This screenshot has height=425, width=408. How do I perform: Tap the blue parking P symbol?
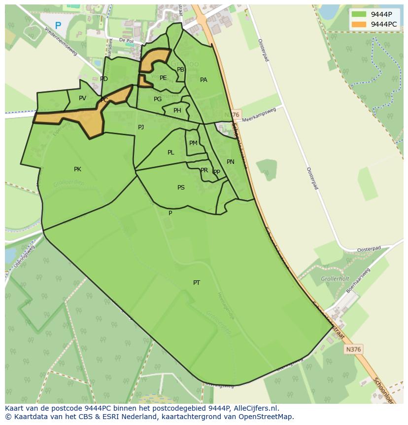pyautogui.click(x=58, y=26)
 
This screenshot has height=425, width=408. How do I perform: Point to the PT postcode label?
pyautogui.click(x=197, y=283)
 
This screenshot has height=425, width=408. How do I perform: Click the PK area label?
pyautogui.click(x=77, y=169)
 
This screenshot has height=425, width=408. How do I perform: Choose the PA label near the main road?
pyautogui.click(x=204, y=80)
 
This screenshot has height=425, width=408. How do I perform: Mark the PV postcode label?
pyautogui.click(x=82, y=98)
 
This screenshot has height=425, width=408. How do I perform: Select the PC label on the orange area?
pyautogui.click(x=104, y=100)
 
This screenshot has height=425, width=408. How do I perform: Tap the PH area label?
pyautogui.click(x=177, y=111)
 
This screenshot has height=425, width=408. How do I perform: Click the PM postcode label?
pyautogui.click(x=193, y=143)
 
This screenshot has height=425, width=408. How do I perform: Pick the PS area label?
pyautogui.click(x=181, y=188)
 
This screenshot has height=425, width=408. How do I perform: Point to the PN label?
pyautogui.click(x=230, y=162)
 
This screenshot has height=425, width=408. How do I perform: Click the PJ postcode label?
pyautogui.click(x=141, y=127)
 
